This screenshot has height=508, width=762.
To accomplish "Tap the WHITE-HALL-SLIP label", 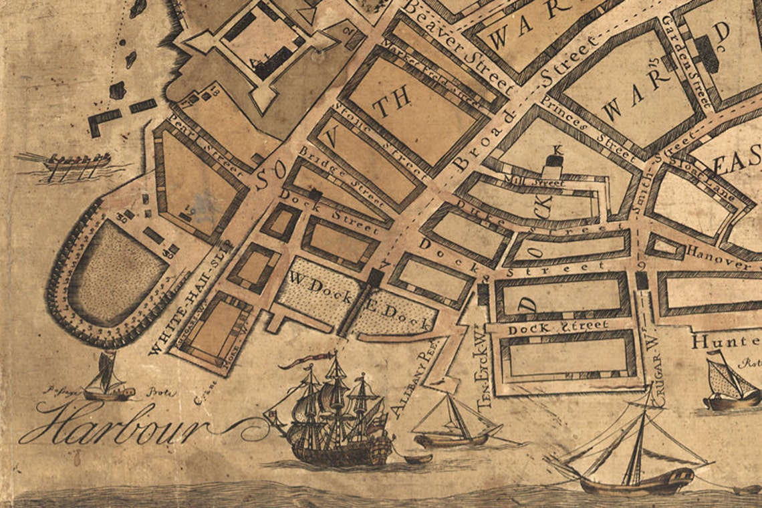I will (191, 297).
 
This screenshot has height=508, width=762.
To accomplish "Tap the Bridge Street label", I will (342, 176).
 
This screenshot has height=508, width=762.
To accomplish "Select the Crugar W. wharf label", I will (653, 358).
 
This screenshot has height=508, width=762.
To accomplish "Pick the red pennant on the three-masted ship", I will (305, 362).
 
